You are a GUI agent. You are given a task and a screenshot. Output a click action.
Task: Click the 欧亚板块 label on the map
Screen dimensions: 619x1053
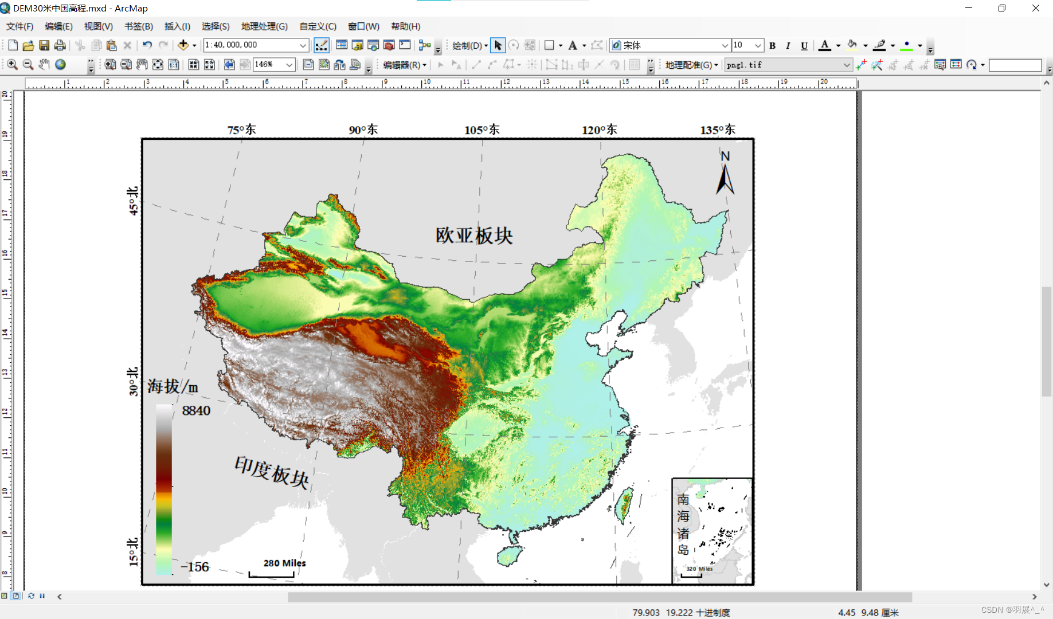[x=474, y=235]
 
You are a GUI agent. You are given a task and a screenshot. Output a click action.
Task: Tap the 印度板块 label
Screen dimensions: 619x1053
[x=272, y=472]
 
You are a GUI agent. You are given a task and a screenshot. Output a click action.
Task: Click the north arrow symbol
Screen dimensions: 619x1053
[x=725, y=174]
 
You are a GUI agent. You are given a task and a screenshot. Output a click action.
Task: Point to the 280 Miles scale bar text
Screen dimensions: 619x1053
[x=284, y=563]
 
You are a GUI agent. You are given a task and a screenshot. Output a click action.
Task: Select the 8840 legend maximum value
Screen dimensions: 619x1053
[x=196, y=410]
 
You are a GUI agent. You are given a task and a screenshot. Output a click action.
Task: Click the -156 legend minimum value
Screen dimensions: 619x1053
[x=195, y=567]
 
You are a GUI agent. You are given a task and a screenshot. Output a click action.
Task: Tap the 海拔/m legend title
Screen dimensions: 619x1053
[x=173, y=386]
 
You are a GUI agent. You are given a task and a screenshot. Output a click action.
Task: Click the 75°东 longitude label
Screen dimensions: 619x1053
[x=241, y=130]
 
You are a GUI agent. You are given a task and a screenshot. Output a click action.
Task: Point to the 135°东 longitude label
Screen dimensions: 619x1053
[x=717, y=130]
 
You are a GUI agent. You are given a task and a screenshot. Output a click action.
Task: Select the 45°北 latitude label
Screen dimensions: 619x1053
[x=133, y=201]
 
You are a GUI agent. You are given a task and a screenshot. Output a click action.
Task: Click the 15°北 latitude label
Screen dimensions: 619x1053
[x=133, y=551]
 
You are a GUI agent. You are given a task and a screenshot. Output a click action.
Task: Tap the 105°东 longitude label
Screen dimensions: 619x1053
[x=482, y=130]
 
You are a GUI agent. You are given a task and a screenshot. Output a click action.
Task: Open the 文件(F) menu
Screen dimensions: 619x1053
[x=19, y=26]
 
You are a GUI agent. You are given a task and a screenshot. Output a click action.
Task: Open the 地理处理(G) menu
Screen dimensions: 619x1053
[x=264, y=26]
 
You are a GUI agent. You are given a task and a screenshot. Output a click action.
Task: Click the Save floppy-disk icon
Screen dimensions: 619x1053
[x=44, y=45]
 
